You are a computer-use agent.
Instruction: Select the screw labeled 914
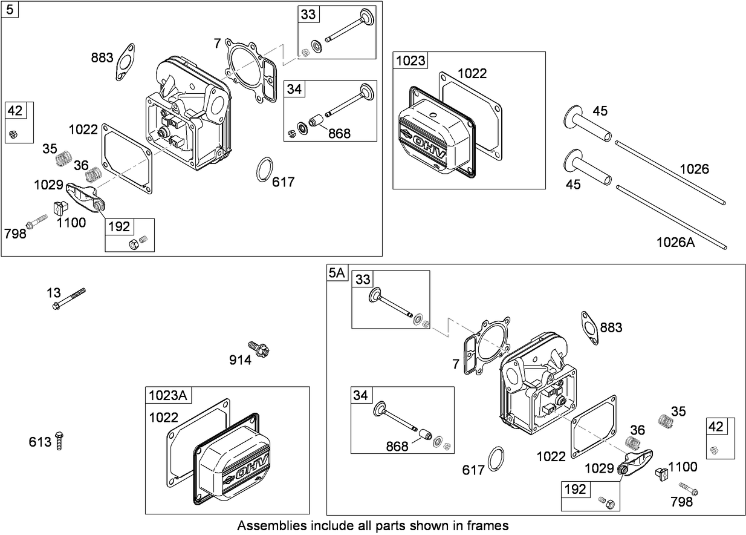pyautogui.click(x=261, y=349)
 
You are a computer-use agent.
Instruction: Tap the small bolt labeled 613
pyautogui.click(x=59, y=441)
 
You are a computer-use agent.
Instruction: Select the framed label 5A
pyautogui.click(x=337, y=273)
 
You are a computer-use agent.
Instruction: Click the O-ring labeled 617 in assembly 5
pyautogui.click(x=264, y=169)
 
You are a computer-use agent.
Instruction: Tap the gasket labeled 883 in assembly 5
pyautogui.click(x=126, y=61)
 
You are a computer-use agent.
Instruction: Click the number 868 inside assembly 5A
pyautogui.click(x=397, y=446)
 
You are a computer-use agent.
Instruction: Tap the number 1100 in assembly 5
pyautogui.click(x=71, y=223)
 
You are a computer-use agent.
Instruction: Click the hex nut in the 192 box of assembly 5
pyautogui.click(x=132, y=244)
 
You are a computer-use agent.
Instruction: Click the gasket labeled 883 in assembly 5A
pyautogui.click(x=589, y=324)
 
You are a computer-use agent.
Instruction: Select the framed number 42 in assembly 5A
pyautogui.click(x=716, y=426)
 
